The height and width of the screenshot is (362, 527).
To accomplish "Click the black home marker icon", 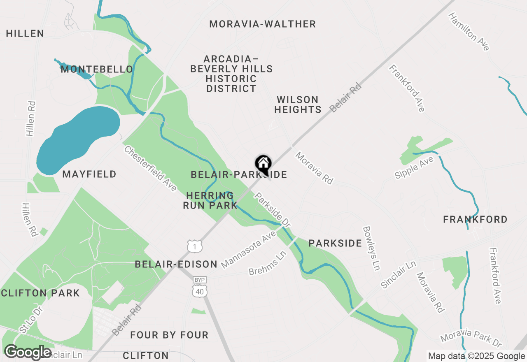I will [263, 164].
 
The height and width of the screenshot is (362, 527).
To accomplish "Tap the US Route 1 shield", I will [194, 246].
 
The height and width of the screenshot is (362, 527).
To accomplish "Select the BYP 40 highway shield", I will [199, 287].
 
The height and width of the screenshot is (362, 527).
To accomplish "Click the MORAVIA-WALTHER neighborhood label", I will [262, 24].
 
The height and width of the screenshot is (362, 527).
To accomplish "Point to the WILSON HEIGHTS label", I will [298, 104].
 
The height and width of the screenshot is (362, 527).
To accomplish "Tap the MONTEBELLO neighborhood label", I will [97, 69].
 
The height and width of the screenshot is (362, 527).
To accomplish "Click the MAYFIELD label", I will [89, 174].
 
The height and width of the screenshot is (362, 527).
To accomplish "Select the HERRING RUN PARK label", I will [210, 200].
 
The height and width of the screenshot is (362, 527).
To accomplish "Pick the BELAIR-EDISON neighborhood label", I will [176, 264].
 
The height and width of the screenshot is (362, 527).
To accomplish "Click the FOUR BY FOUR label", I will [169, 335].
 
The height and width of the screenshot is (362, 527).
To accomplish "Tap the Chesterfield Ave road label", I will [150, 169].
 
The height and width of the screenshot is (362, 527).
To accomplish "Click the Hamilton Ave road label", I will [469, 32].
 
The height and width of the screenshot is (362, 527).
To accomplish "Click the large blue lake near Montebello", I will [78, 140].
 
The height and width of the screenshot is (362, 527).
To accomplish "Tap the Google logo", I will [28, 352].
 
